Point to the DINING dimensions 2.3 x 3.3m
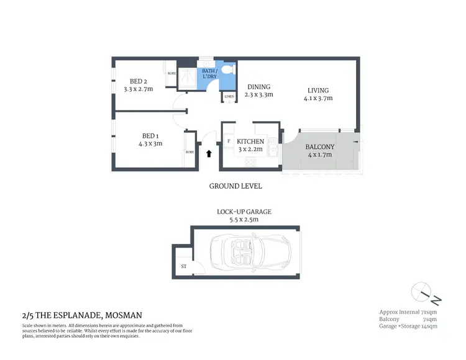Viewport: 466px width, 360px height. click(258, 96)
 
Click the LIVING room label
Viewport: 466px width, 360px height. click(317, 90)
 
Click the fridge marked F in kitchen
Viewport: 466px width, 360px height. click(229, 142)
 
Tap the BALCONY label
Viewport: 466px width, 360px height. click(320, 147)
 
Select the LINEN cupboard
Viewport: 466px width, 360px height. click(229, 96)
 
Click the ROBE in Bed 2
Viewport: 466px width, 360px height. click(171, 73)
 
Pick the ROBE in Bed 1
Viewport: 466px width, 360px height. click(190, 151)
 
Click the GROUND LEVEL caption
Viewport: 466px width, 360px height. click(235, 186)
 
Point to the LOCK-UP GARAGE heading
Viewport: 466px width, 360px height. click(244, 212)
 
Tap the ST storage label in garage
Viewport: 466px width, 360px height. click(183, 267)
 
